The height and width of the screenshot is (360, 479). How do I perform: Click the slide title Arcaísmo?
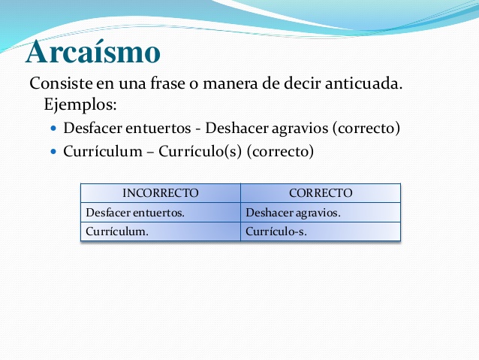point(93,51)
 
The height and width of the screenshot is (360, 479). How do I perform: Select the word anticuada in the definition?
point(363,83)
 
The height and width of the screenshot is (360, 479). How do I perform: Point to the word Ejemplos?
point(80,105)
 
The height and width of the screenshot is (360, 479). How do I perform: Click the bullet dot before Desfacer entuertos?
point(54,129)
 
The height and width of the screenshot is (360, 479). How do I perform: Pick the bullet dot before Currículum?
point(54,151)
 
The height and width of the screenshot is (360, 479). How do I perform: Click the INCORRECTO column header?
point(161,193)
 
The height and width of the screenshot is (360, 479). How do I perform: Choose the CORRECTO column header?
point(321,193)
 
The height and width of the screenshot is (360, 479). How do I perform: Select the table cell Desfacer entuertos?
point(135,213)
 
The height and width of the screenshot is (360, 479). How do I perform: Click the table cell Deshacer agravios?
point(293,213)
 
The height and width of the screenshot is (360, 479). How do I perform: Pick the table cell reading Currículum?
point(117,231)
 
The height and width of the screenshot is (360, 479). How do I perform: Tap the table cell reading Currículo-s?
point(276,231)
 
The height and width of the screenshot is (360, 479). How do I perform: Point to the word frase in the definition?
point(167,83)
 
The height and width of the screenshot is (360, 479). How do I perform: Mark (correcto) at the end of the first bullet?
point(366,129)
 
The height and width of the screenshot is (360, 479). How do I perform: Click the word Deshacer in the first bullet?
point(237,128)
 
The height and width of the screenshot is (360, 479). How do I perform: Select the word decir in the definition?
point(302,83)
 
